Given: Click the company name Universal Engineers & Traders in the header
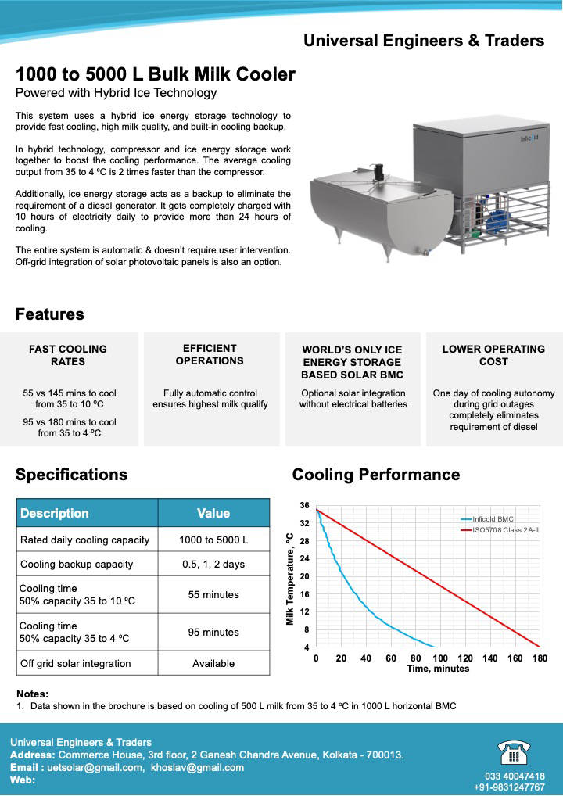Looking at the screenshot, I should [423, 41].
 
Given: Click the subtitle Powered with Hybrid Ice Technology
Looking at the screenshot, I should [116, 93].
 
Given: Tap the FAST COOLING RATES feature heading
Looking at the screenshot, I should [68, 355].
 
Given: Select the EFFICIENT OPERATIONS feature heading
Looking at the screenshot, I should [210, 354].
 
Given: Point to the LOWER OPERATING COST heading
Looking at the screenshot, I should [493, 355].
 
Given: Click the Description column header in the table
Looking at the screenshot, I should [55, 513].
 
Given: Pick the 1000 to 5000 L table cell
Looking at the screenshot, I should [213, 540].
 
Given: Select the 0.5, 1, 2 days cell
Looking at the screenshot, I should [213, 564].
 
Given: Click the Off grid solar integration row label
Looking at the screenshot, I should [76, 663].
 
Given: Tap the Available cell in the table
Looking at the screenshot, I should [213, 663].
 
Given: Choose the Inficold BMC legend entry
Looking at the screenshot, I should [493, 518].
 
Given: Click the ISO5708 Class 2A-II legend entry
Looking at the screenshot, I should [505, 530].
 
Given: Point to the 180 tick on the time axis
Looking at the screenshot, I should [540, 658].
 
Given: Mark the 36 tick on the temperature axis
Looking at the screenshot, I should [304, 506].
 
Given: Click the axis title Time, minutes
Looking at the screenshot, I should [438, 669].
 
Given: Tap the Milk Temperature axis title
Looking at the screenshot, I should [290, 579].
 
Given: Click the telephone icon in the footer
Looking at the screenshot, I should [514, 752].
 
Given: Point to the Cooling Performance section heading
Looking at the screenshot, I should [375, 475].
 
